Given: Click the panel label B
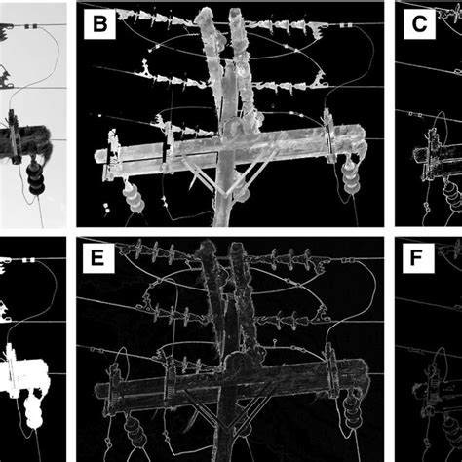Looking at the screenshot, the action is (x=99, y=23).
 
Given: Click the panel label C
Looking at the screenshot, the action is (x=419, y=23).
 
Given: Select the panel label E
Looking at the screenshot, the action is (x=98, y=257).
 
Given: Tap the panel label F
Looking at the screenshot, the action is (x=418, y=257).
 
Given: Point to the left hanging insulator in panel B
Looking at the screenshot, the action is (x=134, y=197).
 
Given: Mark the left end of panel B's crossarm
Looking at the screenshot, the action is (x=96, y=156).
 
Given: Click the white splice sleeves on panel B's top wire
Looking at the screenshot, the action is (x=346, y=24).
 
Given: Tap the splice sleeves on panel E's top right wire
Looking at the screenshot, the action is (x=348, y=260).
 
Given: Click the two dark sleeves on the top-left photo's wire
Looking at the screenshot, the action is (x=31, y=26).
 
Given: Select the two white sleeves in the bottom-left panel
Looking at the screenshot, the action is (x=28, y=260).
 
